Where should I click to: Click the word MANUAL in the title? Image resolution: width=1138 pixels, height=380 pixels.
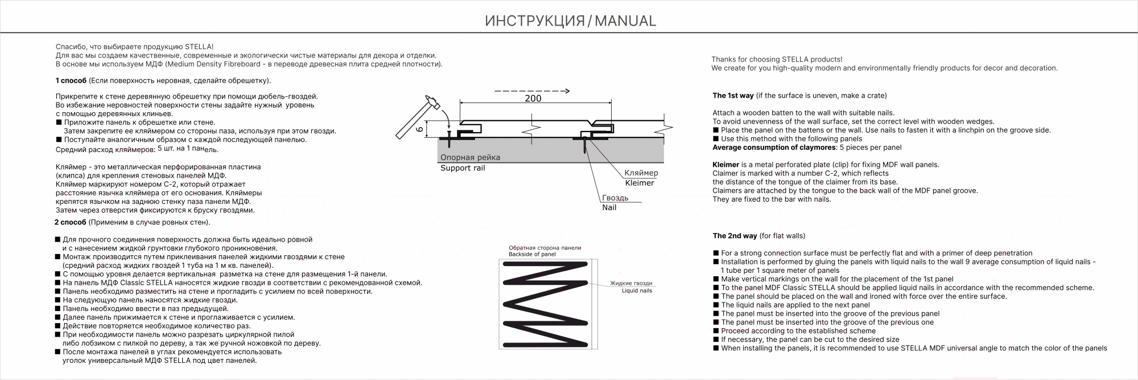point(625,21)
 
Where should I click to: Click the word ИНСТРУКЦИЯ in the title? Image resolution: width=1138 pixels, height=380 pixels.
point(534,21)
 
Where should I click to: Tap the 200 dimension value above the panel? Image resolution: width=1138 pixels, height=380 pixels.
point(533,98)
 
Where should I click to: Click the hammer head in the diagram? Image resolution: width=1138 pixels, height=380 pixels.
point(433,104)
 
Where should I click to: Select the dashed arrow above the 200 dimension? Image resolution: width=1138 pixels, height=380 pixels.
point(531,91)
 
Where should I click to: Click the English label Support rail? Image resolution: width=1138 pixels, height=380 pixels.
point(463,168)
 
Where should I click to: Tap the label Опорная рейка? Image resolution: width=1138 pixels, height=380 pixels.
point(470,157)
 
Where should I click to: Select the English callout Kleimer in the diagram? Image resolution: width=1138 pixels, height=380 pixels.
point(640,183)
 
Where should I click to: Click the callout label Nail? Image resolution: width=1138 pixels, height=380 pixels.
point(609,207)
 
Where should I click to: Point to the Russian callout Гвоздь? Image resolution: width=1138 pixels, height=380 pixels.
point(615,198)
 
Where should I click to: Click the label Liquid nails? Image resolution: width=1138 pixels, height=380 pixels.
point(637,291)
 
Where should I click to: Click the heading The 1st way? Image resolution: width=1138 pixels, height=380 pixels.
point(733,96)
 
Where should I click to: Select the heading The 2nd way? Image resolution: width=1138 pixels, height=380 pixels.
point(735,236)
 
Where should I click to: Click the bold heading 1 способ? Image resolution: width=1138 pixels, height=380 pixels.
point(71,80)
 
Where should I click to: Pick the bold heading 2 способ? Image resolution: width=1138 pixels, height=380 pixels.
point(70,222)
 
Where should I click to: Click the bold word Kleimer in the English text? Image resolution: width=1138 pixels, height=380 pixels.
point(725,165)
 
